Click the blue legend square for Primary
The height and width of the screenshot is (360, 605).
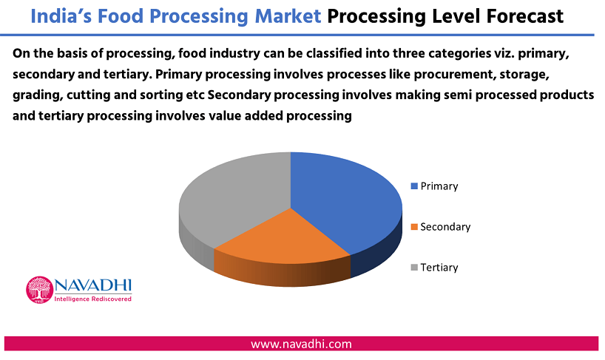click(x=414, y=186)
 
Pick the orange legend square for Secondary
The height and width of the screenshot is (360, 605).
click(x=414, y=227)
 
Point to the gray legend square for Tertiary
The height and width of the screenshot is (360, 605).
click(x=414, y=268)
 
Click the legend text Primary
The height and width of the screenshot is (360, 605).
click(x=439, y=186)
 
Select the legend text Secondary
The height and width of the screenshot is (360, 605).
click(x=445, y=227)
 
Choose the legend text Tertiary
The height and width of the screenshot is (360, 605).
click(x=439, y=268)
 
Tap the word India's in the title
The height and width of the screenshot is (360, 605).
click(x=60, y=16)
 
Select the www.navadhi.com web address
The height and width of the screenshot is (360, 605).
click(x=301, y=344)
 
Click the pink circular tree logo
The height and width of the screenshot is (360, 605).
click(x=39, y=290)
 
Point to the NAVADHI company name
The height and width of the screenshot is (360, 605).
click(x=92, y=285)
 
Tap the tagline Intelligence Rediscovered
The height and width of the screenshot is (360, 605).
click(x=92, y=299)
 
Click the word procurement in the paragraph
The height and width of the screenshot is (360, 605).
click(x=455, y=75)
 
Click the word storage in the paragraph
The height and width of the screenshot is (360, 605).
click(x=524, y=75)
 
